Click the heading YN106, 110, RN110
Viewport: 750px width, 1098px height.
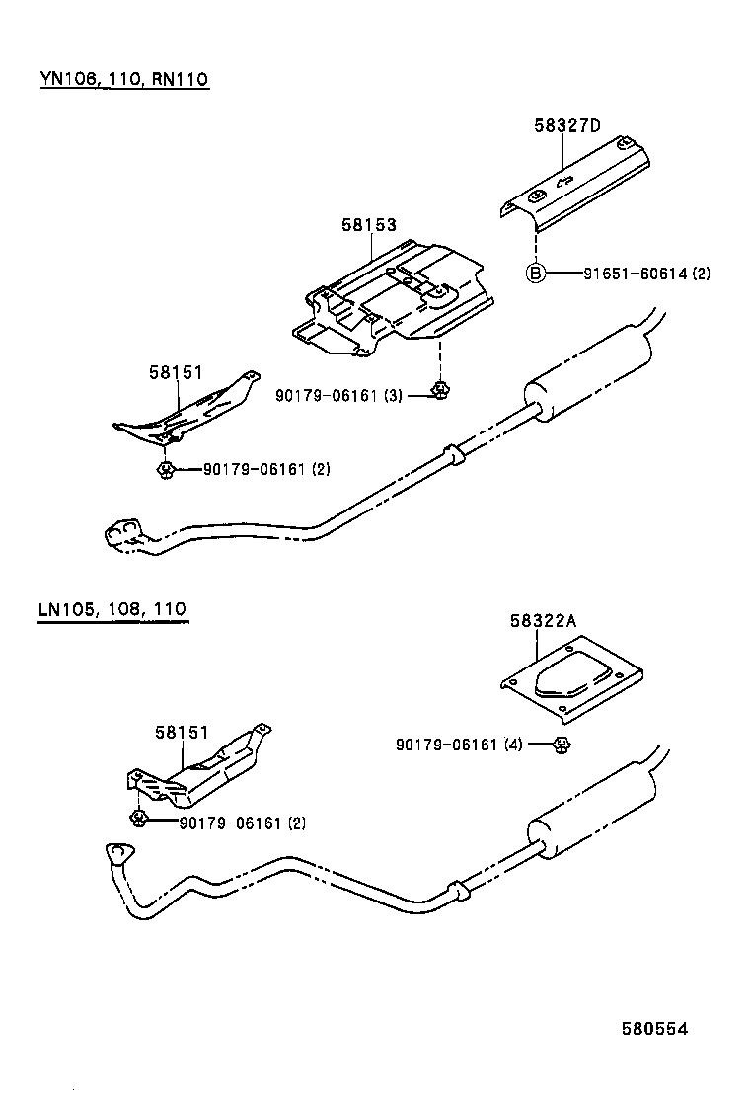pos(124,78)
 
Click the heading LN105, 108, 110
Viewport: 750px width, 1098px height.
pos(112,609)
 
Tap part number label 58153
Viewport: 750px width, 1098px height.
pos(369,225)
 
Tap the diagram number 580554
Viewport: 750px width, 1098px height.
pos(653,1028)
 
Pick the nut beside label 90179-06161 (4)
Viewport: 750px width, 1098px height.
pos(561,743)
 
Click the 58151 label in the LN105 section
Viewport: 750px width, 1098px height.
pos(181,732)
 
